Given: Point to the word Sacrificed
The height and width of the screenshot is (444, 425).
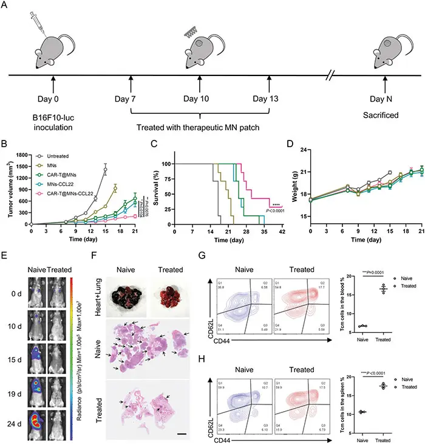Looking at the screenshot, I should point(384,114).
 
